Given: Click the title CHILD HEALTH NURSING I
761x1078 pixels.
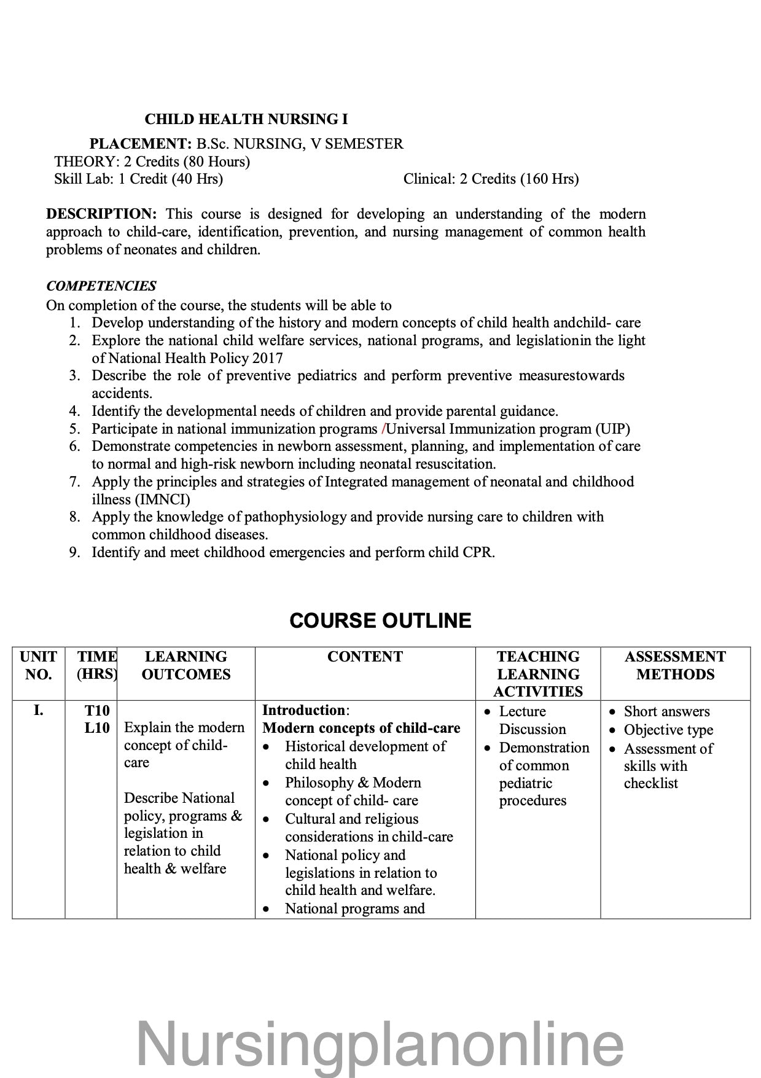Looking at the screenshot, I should click(246, 119).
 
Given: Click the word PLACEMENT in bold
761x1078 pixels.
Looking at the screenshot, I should click(141, 144).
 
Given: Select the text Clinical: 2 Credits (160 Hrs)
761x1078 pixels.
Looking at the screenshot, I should click(491, 179).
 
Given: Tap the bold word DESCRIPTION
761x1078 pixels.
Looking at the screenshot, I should click(101, 214).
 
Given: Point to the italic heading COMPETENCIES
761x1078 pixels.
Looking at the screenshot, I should click(101, 286).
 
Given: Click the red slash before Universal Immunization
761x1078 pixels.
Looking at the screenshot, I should click(383, 429).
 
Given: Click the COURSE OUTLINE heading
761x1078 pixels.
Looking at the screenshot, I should click(380, 620).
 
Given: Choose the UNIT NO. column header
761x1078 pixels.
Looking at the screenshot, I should click(38, 665).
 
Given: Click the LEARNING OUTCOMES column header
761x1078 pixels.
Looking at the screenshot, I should click(185, 665).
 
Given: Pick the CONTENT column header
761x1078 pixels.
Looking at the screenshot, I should click(365, 657).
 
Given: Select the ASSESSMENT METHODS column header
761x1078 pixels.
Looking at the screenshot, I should click(675, 665).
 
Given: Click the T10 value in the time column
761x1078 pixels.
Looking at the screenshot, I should click(96, 711).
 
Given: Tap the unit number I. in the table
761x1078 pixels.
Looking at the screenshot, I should click(38, 711).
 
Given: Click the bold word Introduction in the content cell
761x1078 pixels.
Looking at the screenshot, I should click(303, 710).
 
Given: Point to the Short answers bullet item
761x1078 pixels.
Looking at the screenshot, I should click(666, 711).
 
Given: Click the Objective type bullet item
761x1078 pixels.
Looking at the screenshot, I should click(668, 730).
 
